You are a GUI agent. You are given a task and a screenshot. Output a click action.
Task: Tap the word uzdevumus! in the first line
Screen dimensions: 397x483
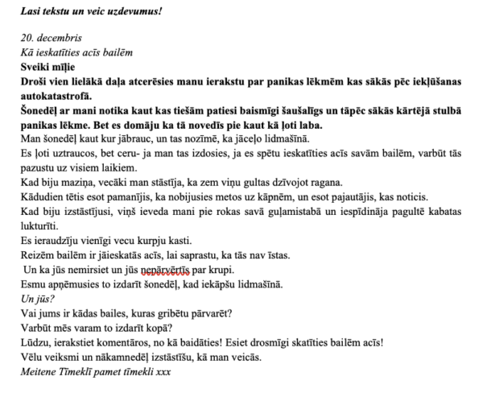(139, 11)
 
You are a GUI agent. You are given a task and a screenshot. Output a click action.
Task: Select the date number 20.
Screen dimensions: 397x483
(27, 39)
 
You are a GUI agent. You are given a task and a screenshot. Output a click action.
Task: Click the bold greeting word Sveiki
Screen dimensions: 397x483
(36, 66)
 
